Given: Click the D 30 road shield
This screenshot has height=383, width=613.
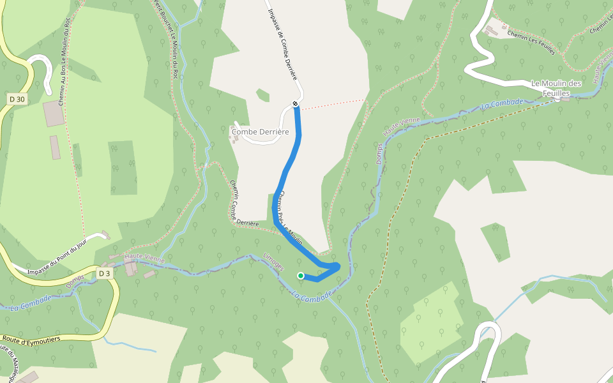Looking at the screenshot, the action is coord(18,99).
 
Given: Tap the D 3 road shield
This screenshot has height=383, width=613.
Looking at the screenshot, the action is coord(105,274).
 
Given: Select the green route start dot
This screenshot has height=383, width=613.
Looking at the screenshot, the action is coord(301,276).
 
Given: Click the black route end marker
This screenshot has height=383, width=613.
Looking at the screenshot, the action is coord(295,103).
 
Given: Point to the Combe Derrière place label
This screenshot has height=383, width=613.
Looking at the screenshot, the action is coord(261,131).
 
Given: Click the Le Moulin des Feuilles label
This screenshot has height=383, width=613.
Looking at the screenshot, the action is coord(556,88).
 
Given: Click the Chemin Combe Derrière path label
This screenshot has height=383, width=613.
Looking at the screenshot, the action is coord(243,204).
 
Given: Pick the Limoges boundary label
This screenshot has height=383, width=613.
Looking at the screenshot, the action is coord(273,262).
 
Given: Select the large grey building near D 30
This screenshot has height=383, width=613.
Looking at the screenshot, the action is coord(54,113).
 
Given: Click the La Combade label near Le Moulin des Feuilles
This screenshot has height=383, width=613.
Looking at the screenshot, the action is coord(502,103).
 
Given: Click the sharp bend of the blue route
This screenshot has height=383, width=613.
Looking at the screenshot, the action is coord(337,266).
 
